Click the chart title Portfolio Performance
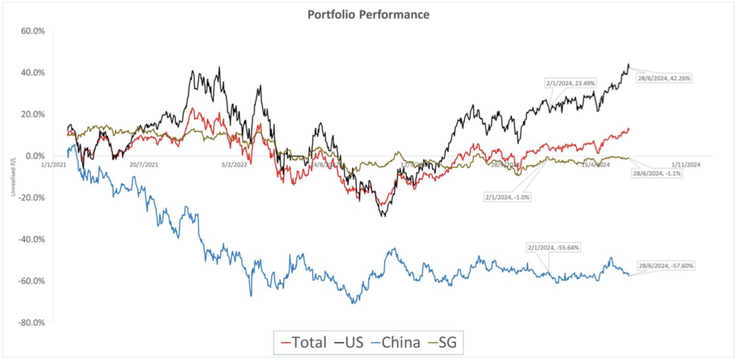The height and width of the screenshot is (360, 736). click(368, 14)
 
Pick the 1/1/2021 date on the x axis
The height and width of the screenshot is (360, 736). click(54, 164)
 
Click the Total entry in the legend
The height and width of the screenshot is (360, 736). click(303, 342)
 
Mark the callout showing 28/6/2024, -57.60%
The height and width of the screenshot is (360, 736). click(666, 266)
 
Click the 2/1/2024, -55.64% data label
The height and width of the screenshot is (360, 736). click(554, 248)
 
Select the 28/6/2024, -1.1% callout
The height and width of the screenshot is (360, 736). click(658, 172)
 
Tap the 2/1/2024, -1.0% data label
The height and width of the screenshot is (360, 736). click(507, 196)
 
